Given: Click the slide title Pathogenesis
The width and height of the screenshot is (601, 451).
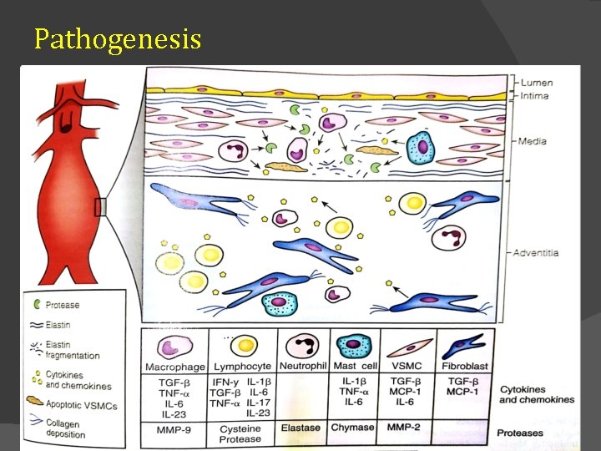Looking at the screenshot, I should click(x=118, y=38).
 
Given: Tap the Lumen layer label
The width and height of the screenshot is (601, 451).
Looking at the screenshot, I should click(x=536, y=84).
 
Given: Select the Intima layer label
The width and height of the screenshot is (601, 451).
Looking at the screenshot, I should click(x=534, y=97).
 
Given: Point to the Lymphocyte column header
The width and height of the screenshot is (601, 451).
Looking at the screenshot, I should click(x=242, y=367).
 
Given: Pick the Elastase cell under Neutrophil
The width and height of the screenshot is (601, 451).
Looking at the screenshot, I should click(x=300, y=428).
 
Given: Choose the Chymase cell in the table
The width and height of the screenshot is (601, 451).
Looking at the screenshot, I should click(x=354, y=428).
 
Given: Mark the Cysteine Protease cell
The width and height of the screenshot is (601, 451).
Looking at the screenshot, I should click(x=241, y=433).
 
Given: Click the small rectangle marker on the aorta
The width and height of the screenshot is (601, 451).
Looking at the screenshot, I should click(x=101, y=206).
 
